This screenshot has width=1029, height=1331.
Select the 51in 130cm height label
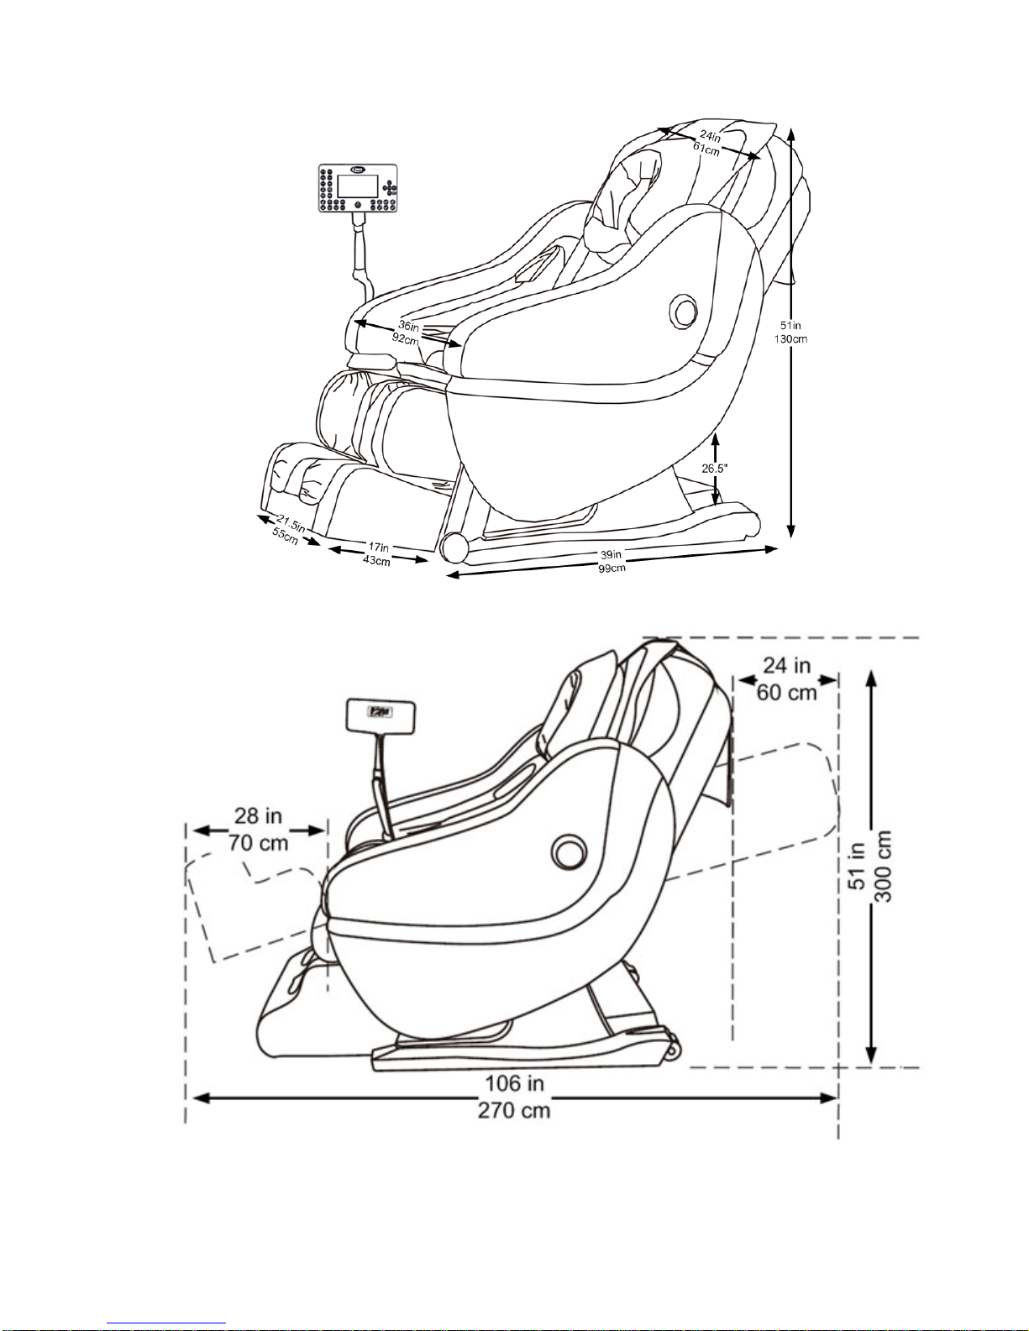790,332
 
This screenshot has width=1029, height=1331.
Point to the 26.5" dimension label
714,469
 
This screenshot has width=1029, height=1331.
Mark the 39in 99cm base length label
612,561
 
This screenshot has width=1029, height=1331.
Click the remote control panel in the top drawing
358,188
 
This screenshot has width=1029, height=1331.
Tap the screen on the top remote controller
358,186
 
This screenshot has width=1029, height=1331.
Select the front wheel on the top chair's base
454,548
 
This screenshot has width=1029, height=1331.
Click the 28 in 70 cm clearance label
259,830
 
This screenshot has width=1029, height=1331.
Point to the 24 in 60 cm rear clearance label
787,679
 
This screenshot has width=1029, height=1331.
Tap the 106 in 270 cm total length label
514,1097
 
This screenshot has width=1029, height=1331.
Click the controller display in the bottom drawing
381,717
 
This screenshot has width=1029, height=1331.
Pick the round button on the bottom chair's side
569,852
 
